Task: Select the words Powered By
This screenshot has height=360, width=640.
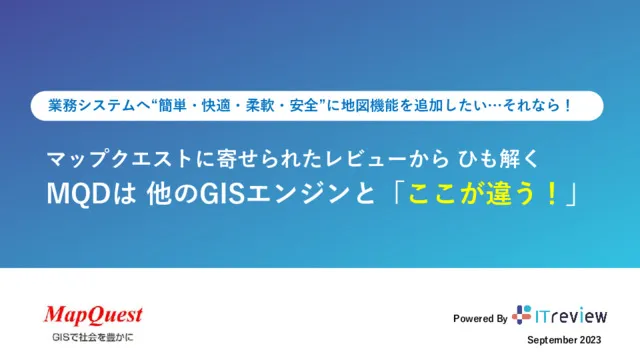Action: pyautogui.click(x=480, y=319)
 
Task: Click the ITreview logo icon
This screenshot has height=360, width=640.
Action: pyautogui.click(x=522, y=315)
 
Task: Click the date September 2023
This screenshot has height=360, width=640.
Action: pyautogui.click(x=565, y=341)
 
